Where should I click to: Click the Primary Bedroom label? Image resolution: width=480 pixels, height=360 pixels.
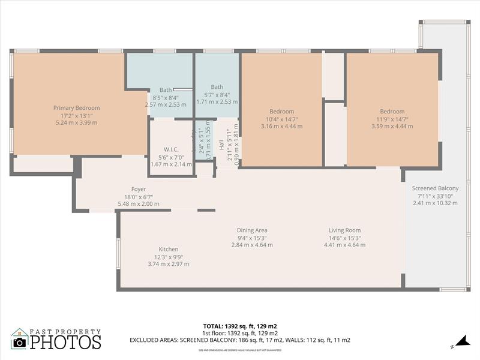[x=76, y=108]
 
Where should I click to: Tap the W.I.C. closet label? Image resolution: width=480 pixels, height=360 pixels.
[x=171, y=149]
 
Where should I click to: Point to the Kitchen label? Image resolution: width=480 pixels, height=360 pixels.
[x=168, y=249]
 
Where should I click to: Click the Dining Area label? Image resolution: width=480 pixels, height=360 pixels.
[x=252, y=230]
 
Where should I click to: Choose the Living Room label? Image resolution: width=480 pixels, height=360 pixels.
[x=344, y=230]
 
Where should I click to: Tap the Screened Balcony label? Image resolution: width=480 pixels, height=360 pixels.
[x=435, y=188]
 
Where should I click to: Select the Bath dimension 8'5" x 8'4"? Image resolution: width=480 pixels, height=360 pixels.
[x=166, y=97]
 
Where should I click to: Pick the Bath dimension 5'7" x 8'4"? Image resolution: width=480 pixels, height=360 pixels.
[x=217, y=94]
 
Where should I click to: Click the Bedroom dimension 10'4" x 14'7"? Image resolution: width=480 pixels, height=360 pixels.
[x=281, y=119]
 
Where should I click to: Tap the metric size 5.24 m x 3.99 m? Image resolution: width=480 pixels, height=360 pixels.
[x=76, y=122]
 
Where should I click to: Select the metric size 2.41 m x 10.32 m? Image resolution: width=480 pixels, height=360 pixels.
[x=435, y=203]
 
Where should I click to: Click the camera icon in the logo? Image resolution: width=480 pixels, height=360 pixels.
[x=20, y=342]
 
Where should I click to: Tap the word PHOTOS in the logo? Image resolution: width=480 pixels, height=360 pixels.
[x=65, y=342]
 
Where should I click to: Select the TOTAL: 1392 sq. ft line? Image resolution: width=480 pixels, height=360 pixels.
[x=240, y=326]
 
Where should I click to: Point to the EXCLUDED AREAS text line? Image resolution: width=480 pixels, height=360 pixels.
[x=240, y=340]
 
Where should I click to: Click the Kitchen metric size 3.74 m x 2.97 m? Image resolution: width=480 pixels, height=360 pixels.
[x=168, y=263]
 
